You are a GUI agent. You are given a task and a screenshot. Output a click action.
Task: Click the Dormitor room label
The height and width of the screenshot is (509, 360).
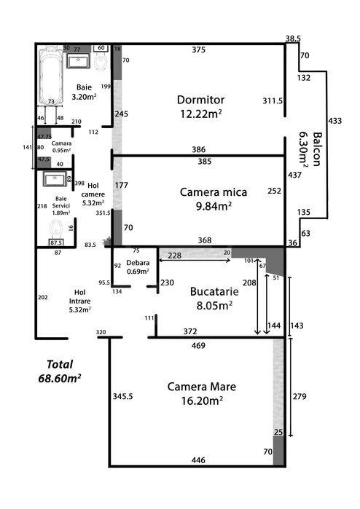point(200,100)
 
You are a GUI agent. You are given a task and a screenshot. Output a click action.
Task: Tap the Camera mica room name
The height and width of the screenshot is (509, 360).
point(213,192)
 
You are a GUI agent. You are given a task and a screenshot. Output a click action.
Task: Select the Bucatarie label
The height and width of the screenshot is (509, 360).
point(214,291)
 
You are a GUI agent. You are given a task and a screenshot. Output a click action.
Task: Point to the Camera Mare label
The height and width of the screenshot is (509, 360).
point(201,387)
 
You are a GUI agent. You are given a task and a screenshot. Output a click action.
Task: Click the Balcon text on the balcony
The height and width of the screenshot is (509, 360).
point(317,149)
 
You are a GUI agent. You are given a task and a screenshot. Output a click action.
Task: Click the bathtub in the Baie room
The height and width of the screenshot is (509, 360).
point(50,76)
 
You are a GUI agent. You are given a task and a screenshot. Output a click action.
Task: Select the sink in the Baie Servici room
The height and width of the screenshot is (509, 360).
point(55,179)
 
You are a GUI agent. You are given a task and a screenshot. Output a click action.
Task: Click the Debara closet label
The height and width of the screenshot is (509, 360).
point(138,263)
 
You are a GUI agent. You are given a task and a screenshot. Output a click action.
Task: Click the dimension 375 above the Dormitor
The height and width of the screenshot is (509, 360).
point(198,50)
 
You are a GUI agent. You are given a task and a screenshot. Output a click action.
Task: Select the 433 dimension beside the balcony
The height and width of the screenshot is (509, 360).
point(335,121)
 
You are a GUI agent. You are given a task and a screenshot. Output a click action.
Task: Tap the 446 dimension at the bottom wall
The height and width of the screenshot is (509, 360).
point(198,460)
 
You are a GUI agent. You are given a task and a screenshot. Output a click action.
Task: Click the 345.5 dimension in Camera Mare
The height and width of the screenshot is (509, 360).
point(122,396)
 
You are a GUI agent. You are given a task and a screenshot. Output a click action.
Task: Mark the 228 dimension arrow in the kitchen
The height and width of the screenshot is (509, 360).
point(195,260)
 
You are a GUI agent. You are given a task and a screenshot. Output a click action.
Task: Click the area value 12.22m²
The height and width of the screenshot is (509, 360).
point(201,114)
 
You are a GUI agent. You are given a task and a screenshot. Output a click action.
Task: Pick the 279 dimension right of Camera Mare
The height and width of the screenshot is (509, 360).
point(300,396)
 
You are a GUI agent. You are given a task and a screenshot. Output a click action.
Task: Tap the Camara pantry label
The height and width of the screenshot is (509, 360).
point(61,143)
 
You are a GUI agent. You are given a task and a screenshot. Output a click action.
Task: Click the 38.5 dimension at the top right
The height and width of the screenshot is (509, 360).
point(293,39)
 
